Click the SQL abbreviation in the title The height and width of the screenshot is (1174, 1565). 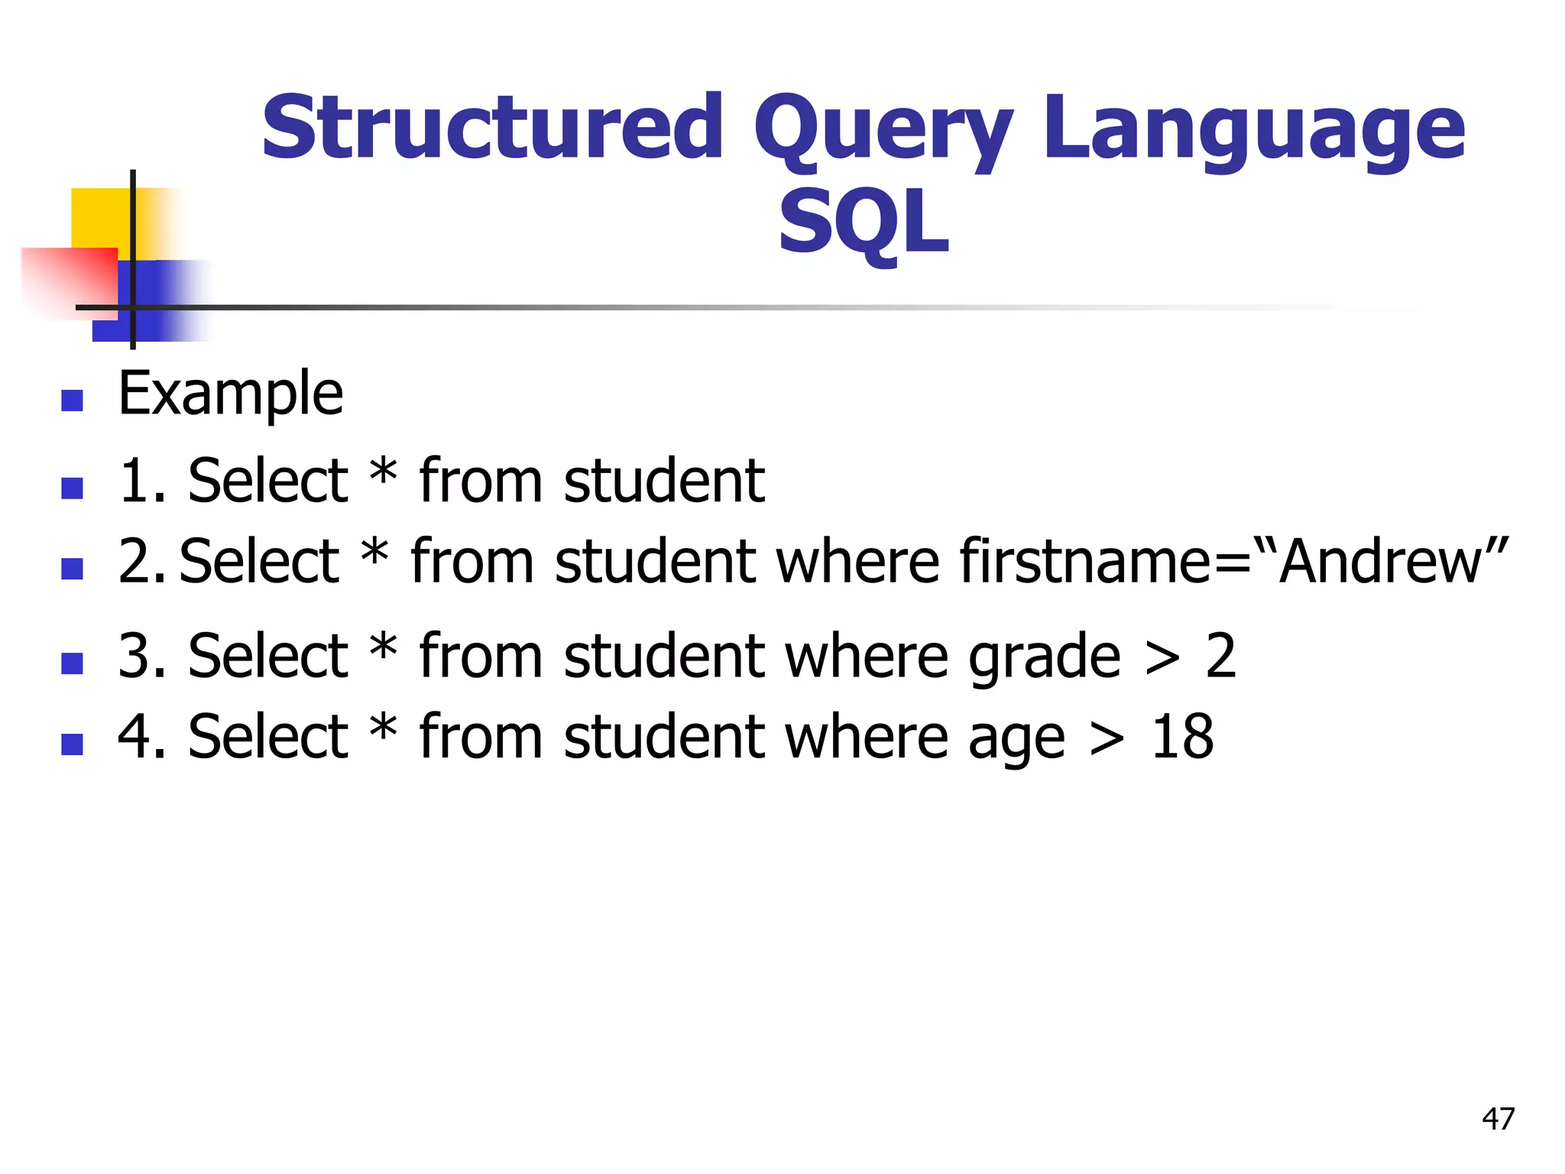tap(864, 223)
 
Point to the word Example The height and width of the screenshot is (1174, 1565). tap(231, 394)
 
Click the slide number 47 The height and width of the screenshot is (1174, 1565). tap(1498, 1119)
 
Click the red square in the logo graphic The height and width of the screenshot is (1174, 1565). tap(69, 279)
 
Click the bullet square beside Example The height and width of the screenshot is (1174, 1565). tap(72, 401)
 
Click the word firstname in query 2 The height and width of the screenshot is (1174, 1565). tap(1084, 562)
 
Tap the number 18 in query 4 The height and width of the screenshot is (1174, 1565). tap(1182, 737)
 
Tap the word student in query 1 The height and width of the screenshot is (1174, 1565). tap(663, 482)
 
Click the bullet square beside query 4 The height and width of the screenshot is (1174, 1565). tap(72, 744)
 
